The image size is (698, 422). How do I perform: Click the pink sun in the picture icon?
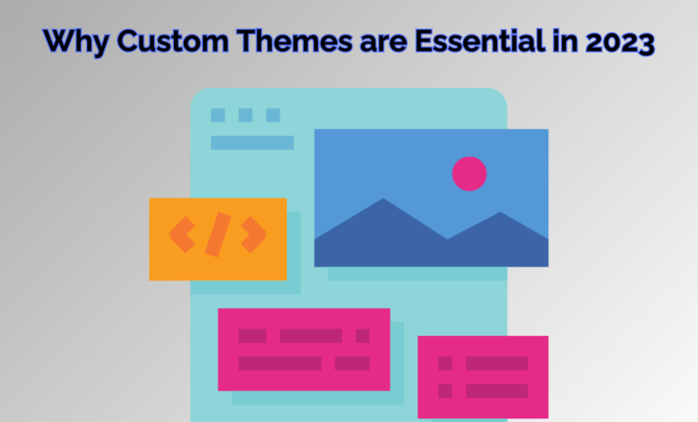469,172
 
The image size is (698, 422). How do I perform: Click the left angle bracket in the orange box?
182,235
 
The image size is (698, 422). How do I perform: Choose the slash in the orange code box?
218,235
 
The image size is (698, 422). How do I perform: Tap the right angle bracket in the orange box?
253,235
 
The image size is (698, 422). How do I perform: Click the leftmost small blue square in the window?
218,115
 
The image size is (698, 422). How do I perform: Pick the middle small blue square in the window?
245,115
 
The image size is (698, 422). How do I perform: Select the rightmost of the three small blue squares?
272,115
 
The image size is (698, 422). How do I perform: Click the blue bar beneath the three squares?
252,142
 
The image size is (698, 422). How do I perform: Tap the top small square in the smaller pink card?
445,363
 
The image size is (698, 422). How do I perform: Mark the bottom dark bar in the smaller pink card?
497,391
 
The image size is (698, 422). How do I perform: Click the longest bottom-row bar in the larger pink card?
279,363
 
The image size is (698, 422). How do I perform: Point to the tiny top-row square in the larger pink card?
363,336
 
